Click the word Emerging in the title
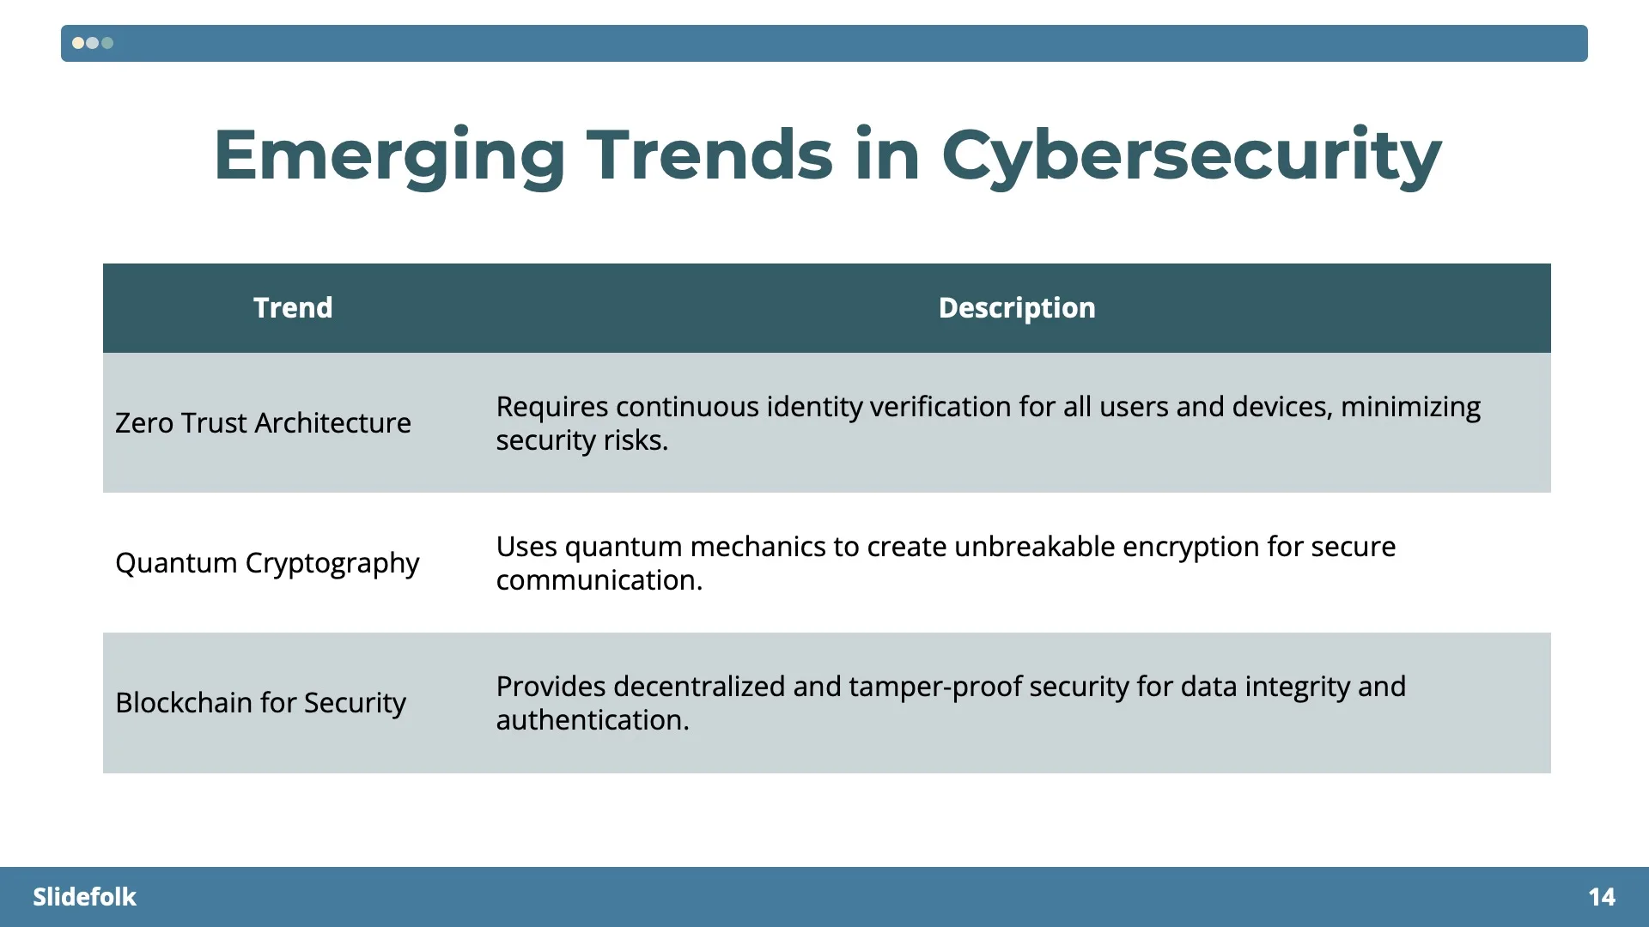click(389, 155)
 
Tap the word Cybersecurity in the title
click(1191, 155)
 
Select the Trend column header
click(293, 308)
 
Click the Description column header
click(1017, 308)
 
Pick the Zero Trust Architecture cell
click(263, 423)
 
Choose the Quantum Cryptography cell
click(267, 563)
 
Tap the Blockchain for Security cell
click(260, 703)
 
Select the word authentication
click(592, 720)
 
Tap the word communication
click(599, 580)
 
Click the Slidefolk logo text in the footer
click(84, 897)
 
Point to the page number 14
click(1602, 897)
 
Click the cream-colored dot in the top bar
click(78, 43)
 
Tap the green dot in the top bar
click(107, 43)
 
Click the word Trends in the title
click(709, 155)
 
